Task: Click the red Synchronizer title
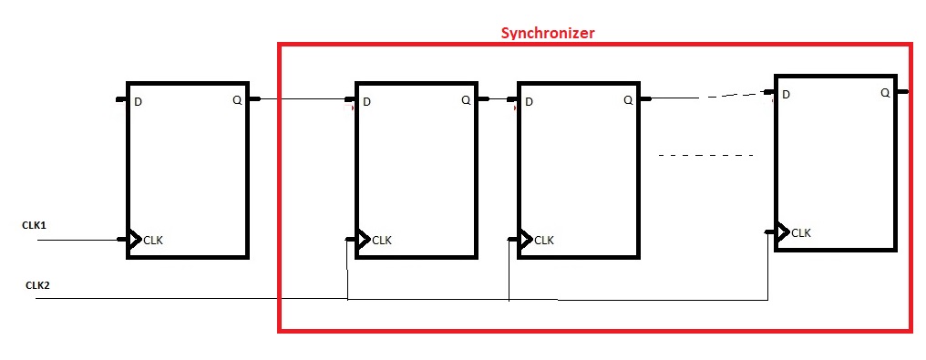click(547, 33)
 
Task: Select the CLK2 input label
click(37, 285)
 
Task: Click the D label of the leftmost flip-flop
click(138, 101)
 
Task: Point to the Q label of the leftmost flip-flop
click(239, 100)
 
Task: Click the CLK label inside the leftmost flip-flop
click(153, 241)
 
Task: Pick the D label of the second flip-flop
click(366, 101)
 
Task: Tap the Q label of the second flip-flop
click(465, 100)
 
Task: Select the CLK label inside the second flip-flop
click(382, 241)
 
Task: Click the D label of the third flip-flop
click(530, 101)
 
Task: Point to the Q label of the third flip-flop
click(628, 100)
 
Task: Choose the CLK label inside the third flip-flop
click(544, 241)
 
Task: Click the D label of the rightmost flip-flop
click(786, 94)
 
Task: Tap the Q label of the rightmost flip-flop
click(885, 93)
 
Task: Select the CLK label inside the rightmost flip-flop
click(801, 233)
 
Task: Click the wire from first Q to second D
click(301, 99)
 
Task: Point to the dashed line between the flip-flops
click(706, 156)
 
